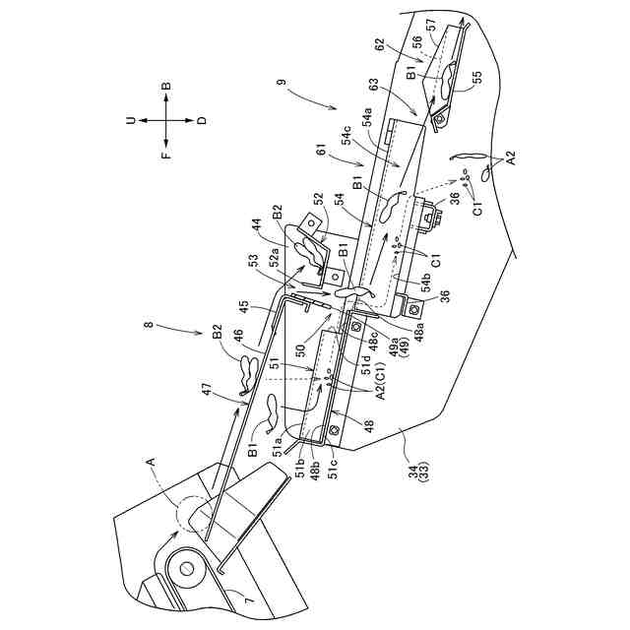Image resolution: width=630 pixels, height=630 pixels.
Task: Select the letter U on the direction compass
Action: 129,120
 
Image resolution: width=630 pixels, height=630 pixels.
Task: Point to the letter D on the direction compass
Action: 202,120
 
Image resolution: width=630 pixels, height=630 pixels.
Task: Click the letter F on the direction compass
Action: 165,154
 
